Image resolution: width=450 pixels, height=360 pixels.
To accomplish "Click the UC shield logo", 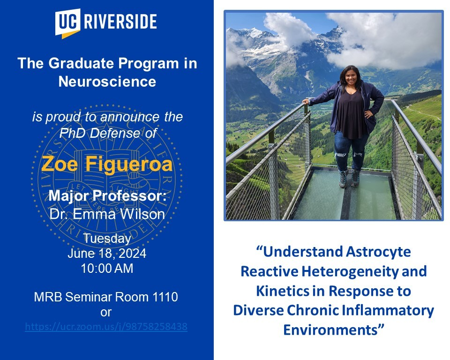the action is [67, 23].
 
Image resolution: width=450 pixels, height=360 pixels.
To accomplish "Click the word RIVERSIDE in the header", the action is [120, 21].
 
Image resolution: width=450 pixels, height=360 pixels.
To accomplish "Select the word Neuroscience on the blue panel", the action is [107, 81].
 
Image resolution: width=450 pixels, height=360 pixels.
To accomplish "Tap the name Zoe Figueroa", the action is [107, 164].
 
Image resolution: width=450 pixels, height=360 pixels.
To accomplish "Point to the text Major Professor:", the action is [107, 196].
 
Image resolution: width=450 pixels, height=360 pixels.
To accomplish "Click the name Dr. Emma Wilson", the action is [107, 214].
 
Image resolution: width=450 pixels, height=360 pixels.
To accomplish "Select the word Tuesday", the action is [107, 239].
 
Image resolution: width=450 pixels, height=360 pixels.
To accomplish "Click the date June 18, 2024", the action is [107, 254].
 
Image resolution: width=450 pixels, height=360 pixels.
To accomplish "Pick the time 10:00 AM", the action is [107, 269].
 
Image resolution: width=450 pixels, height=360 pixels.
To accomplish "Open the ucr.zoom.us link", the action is [106, 327].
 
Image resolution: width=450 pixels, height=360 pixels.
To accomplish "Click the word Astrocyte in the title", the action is [378, 252].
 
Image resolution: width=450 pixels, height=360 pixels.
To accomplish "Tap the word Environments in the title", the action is [330, 330].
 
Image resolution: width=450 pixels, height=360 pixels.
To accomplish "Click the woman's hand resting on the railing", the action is [307, 101].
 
